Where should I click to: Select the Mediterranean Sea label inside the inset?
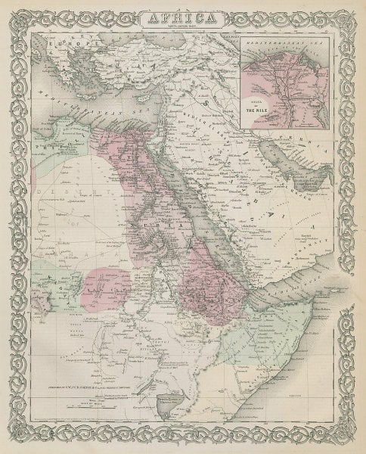coord(285,43)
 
